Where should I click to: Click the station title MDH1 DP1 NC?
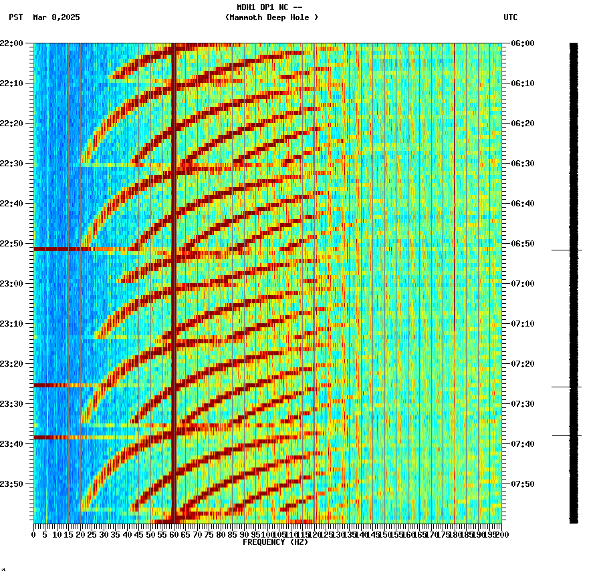tap(269, 7)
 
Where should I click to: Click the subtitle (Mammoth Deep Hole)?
tap(271, 17)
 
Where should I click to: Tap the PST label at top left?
tap(16, 17)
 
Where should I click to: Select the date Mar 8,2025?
tap(56, 17)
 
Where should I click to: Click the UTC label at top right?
tap(510, 17)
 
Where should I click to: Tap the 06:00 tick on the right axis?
tap(522, 43)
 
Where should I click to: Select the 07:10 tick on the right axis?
tap(522, 323)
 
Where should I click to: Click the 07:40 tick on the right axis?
tap(522, 443)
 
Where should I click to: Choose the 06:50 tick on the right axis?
tap(522, 243)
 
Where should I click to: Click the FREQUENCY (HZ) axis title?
tap(275, 542)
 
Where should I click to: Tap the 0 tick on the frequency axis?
tap(34, 534)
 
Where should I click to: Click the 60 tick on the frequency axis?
tap(174, 534)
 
